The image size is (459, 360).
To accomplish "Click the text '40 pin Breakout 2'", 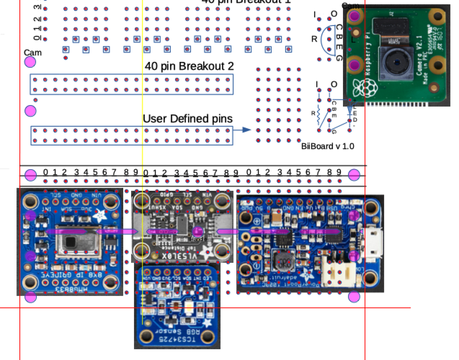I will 190,66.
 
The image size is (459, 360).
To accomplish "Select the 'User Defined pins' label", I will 187,119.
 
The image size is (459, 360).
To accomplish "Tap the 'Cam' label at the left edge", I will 32,53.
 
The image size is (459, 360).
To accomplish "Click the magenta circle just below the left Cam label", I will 30,63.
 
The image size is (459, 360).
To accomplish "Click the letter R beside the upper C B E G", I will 314,38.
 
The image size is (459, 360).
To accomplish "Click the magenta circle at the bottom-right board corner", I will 354,296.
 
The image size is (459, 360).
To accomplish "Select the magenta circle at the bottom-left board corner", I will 30,297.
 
